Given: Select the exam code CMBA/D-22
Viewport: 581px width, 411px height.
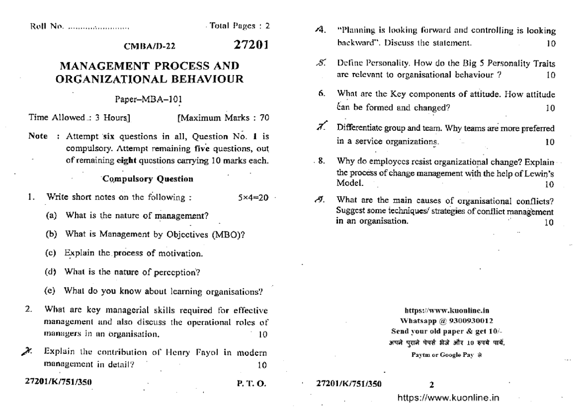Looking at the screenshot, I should (150, 46).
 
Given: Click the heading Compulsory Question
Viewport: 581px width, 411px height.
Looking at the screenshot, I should (149, 179).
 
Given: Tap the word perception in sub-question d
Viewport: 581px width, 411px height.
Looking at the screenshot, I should (175, 272).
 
